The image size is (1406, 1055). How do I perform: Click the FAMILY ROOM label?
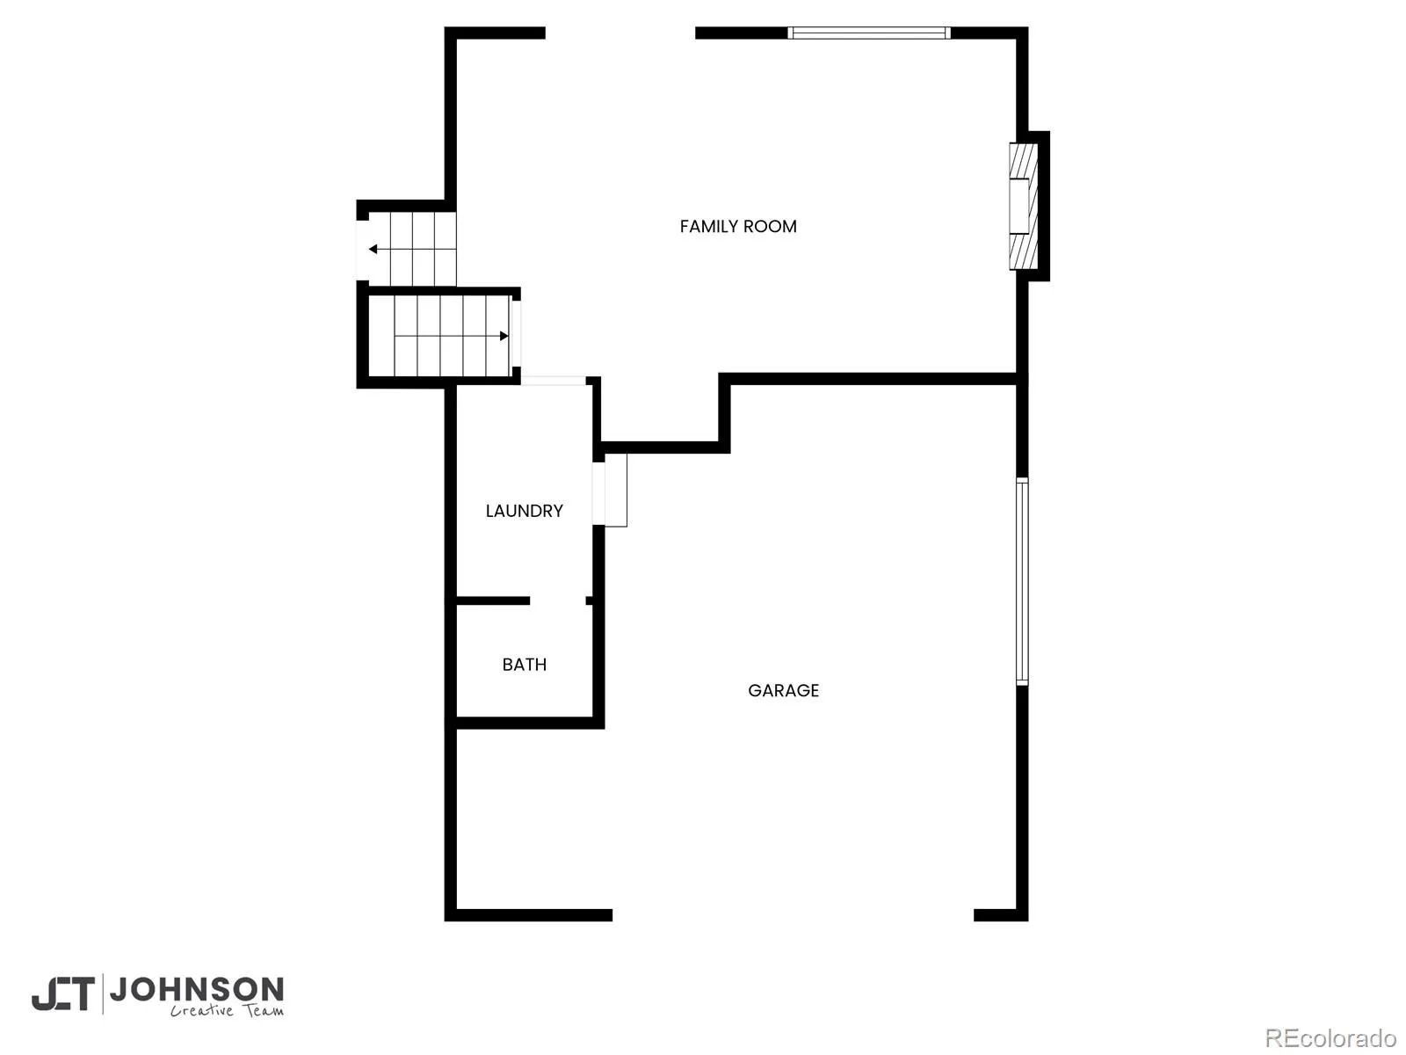click(738, 226)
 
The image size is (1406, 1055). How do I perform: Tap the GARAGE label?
click(783, 690)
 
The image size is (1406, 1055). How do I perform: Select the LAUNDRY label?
click(524, 511)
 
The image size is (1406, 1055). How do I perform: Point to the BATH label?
click(524, 665)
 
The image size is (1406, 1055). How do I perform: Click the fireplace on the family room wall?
click(1023, 206)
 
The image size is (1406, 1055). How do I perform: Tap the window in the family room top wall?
click(868, 33)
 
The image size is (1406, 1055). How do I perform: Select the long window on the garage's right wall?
click(1022, 582)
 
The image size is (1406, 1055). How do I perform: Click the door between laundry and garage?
click(598, 494)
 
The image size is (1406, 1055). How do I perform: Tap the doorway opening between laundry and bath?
click(557, 600)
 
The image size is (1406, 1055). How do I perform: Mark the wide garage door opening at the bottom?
click(793, 914)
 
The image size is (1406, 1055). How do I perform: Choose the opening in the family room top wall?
click(620, 33)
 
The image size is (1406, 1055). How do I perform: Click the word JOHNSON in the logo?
click(198, 990)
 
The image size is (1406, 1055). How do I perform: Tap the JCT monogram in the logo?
click(63, 993)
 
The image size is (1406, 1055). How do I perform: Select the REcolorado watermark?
click(1330, 1037)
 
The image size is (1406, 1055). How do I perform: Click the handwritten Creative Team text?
click(227, 1011)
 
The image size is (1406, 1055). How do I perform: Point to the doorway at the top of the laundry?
click(554, 381)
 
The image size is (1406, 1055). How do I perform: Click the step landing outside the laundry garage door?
click(616, 490)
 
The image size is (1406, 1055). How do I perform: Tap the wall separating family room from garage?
click(873, 379)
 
